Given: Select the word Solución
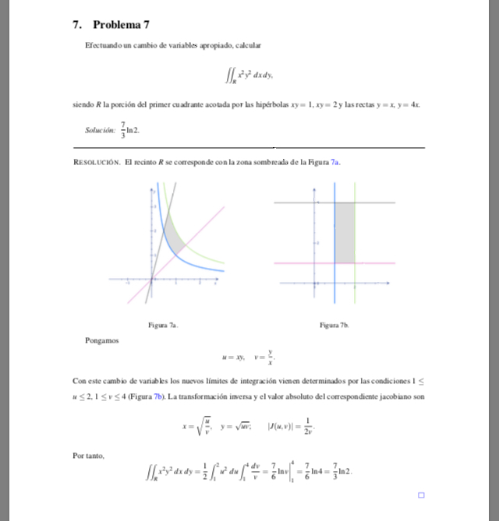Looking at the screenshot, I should pyautogui.click(x=100, y=130).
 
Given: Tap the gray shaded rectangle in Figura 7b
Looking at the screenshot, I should pyautogui.click(x=344, y=232).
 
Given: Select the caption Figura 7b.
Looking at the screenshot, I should pyautogui.click(x=334, y=326).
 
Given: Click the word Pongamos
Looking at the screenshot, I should pyautogui.click(x=102, y=340).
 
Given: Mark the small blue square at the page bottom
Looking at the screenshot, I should pyautogui.click(x=421, y=495).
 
